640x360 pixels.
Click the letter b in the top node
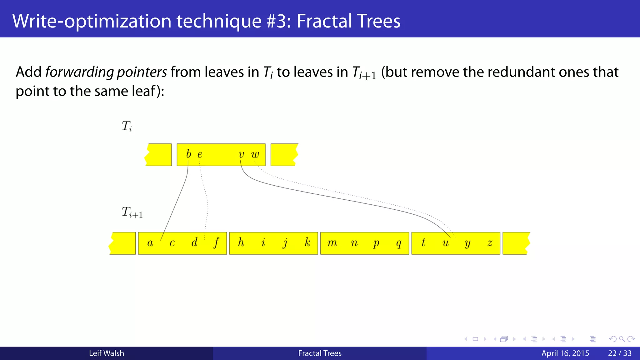point(188,154)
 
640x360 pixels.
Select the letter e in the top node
point(200,154)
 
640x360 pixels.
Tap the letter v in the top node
point(241,154)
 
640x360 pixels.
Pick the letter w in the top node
point(255,154)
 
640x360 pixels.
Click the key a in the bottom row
point(150,243)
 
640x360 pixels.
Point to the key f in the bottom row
point(216,243)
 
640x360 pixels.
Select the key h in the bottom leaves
point(241,242)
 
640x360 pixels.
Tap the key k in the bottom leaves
point(307,242)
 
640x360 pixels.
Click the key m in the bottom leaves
point(332,243)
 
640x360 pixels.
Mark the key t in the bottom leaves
point(423,242)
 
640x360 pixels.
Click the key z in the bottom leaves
point(490,243)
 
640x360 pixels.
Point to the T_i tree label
point(127,127)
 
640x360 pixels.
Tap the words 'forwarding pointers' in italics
point(106,72)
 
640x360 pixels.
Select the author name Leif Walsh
point(106,353)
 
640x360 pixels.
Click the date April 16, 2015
point(565,353)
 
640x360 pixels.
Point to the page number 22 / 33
point(620,353)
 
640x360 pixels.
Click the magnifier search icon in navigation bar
point(622,339)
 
